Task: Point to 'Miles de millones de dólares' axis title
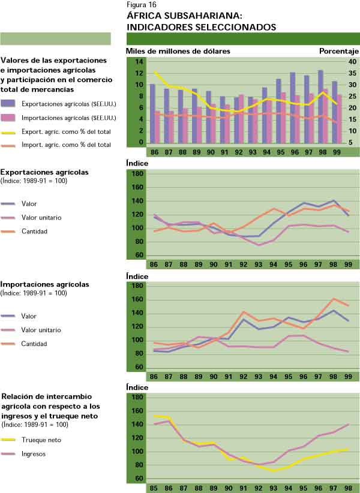coord(178,51)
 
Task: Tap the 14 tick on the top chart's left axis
coord(139,62)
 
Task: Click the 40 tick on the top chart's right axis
coord(352,62)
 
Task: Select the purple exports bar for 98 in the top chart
coord(320,108)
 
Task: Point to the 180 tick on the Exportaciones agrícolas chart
coord(137,174)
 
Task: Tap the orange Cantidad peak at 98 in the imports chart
coord(334,299)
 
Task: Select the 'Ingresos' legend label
coord(34,454)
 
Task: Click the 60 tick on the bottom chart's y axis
coord(139,479)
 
